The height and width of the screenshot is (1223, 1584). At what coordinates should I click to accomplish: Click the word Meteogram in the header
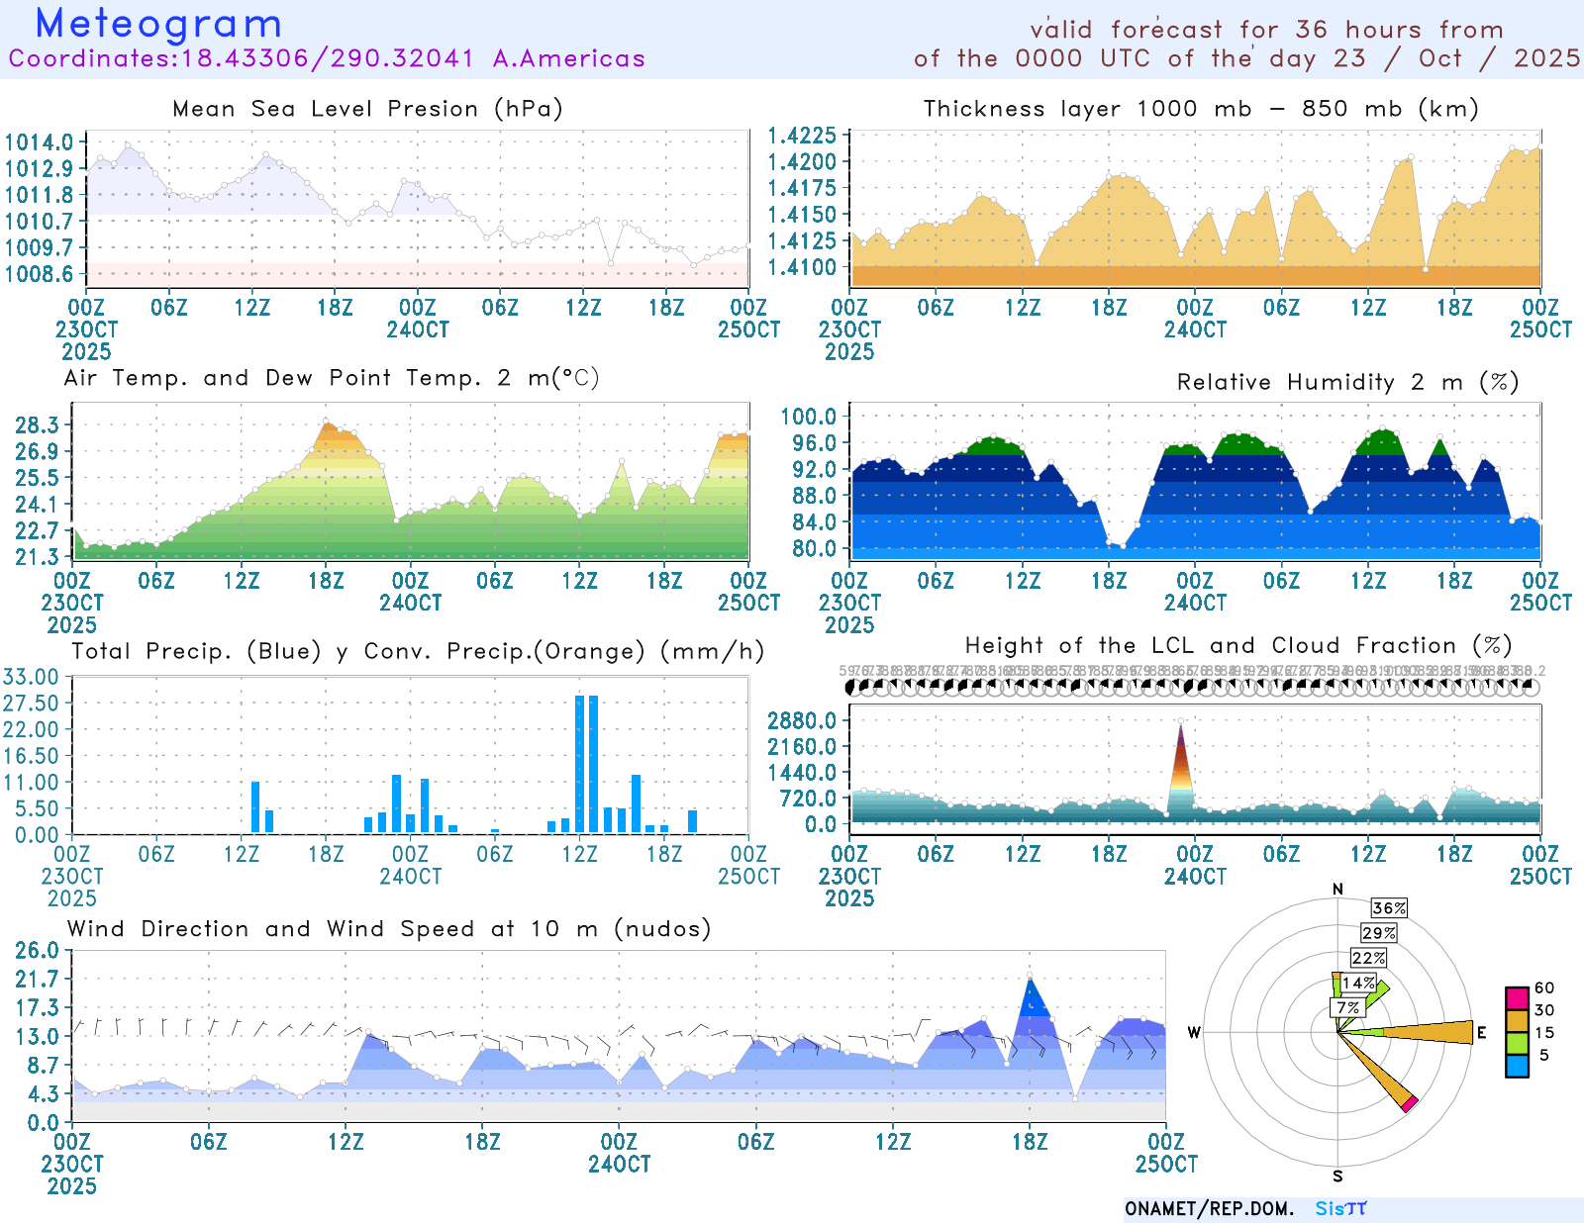click(x=158, y=24)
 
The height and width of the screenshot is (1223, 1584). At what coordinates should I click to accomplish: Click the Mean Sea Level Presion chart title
click(x=367, y=109)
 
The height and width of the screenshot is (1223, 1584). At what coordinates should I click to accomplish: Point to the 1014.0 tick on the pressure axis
click(x=39, y=142)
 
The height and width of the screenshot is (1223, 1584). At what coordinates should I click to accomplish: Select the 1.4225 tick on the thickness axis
click(x=802, y=136)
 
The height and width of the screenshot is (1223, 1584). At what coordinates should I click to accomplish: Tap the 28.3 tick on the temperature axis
click(x=38, y=425)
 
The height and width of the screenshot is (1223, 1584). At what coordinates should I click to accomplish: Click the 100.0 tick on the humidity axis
click(x=808, y=417)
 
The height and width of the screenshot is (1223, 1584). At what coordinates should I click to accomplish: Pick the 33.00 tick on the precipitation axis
click(x=31, y=677)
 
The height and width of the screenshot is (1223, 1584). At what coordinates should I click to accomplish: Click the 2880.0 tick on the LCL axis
click(x=801, y=720)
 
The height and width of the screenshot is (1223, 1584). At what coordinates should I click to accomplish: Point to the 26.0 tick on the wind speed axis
click(x=37, y=951)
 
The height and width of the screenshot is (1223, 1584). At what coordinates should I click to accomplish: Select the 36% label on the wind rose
click(x=1389, y=908)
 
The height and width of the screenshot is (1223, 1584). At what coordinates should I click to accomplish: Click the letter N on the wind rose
click(x=1337, y=890)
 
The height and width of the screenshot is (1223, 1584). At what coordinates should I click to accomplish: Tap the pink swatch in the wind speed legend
click(x=1516, y=997)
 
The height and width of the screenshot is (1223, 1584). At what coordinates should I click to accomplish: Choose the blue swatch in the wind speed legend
click(x=1516, y=1066)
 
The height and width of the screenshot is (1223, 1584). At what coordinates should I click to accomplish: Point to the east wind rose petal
click(x=1426, y=1032)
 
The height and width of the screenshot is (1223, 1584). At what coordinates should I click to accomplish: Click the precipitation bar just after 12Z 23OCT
click(x=255, y=806)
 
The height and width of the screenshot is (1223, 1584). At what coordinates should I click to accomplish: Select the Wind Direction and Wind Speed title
click(x=389, y=929)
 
